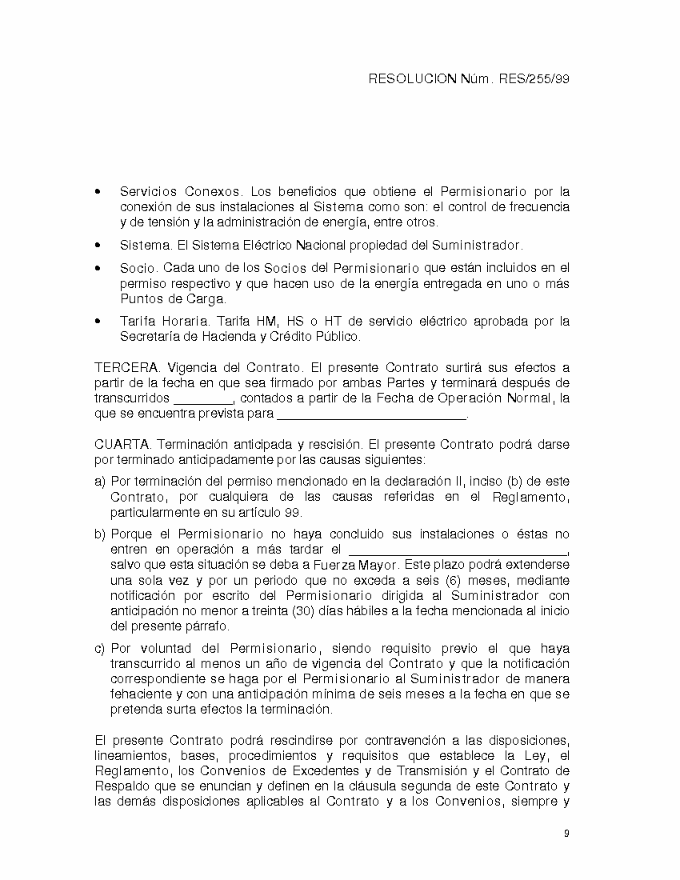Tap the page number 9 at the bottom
(566, 834)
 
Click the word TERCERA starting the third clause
(126, 368)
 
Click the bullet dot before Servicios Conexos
(98, 193)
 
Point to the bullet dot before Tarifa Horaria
(98, 322)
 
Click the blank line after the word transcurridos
(203, 398)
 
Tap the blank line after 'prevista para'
(371, 414)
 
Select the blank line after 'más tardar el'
(458, 550)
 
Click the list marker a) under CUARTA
(99, 482)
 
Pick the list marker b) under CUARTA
(99, 534)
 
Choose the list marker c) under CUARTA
(99, 649)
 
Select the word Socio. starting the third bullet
(139, 269)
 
